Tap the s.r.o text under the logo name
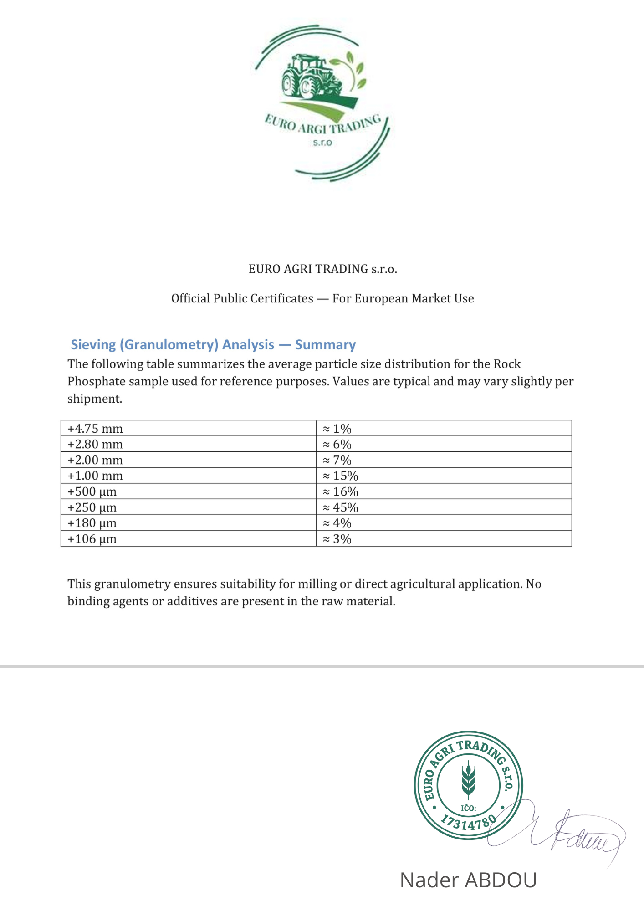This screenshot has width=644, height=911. [322, 143]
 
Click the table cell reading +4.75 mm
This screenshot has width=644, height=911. [95, 429]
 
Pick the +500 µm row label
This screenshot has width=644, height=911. [92, 491]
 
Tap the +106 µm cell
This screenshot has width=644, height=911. [92, 539]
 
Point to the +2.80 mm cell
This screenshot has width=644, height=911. [95, 444]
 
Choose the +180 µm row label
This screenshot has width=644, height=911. [92, 523]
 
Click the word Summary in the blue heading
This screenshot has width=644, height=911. [325, 345]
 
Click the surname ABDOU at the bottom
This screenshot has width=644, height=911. [501, 880]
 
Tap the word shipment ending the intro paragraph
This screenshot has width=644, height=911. [94, 399]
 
